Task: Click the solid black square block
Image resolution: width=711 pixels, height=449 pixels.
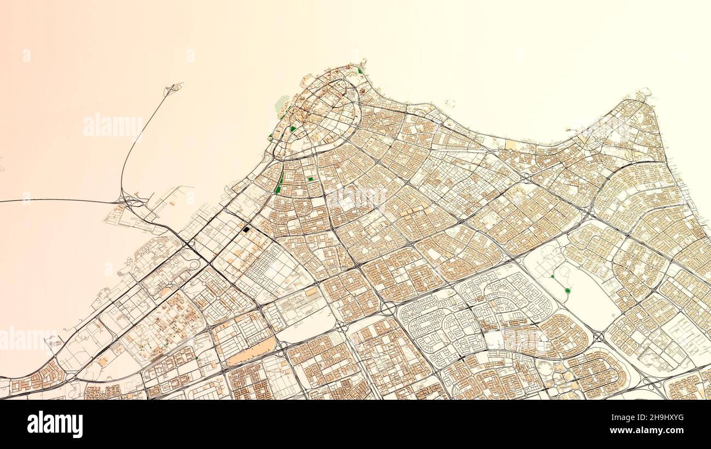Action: click(246, 230)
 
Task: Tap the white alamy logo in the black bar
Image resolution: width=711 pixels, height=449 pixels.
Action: click(55, 424)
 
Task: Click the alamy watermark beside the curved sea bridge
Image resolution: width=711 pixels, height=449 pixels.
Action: click(113, 126)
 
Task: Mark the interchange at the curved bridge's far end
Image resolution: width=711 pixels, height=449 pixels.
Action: click(174, 88)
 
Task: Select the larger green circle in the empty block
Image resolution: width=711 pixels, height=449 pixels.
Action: click(567, 290)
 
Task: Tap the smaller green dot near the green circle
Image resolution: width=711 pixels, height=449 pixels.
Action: click(552, 277)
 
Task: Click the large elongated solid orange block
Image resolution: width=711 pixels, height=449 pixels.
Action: click(252, 351)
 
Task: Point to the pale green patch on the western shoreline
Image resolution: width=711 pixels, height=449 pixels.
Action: click(282, 102)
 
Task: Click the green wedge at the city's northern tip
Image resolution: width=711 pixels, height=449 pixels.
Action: click(360, 71)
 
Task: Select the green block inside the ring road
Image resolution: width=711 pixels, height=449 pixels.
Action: click(294, 129)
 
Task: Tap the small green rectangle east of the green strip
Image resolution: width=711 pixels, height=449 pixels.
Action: click(310, 179)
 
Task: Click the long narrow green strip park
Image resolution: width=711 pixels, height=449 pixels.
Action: click(280, 184)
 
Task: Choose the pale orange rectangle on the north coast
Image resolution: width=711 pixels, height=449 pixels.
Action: click(511, 145)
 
